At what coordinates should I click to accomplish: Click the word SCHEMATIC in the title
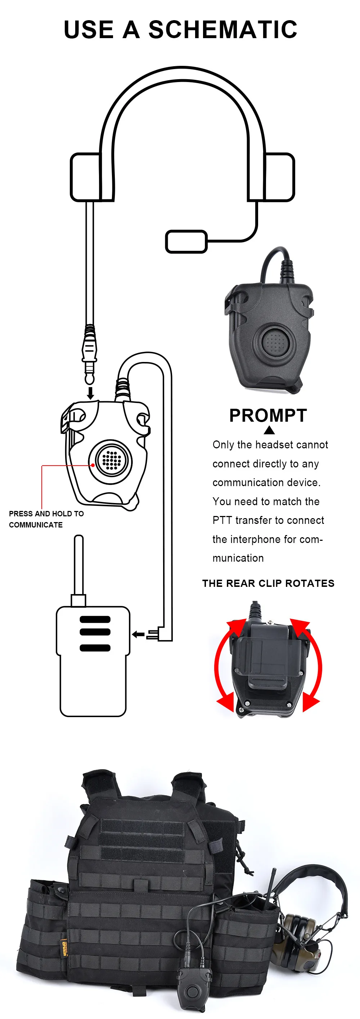(x=223, y=30)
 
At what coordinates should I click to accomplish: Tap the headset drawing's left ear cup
(x=86, y=177)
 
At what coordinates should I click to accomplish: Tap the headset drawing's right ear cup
(x=279, y=177)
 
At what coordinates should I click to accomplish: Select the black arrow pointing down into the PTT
(x=91, y=393)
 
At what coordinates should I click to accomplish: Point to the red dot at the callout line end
(x=93, y=465)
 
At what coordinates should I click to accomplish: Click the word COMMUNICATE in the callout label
(x=36, y=525)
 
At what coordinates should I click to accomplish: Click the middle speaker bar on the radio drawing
(x=95, y=632)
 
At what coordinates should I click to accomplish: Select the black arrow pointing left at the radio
(x=139, y=634)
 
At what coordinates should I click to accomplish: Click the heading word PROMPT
(x=268, y=416)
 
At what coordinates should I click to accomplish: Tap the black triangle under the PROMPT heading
(x=269, y=430)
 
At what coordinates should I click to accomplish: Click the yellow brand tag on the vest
(x=63, y=947)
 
